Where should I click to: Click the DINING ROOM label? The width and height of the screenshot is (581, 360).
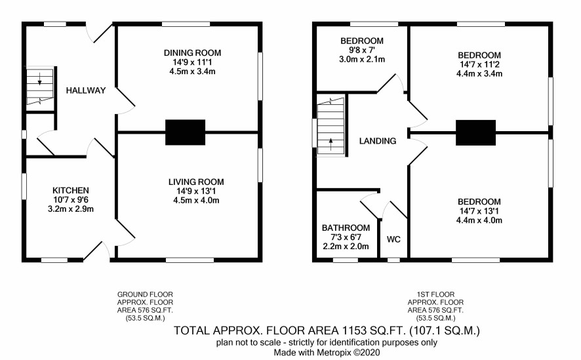(x=192, y=53)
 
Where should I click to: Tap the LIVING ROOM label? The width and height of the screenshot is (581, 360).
(x=196, y=182)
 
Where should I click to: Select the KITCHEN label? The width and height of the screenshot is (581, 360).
(x=71, y=190)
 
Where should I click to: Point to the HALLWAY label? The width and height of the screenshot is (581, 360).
(x=86, y=90)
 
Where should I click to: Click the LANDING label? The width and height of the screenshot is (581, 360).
(x=378, y=141)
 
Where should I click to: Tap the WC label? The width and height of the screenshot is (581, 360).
(x=393, y=239)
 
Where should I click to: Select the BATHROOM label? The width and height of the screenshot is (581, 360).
(x=346, y=228)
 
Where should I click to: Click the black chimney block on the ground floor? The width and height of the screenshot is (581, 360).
(x=186, y=132)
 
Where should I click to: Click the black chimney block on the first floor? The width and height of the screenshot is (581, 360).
(x=476, y=132)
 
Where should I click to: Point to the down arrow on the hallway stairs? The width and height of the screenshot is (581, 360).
(x=39, y=79)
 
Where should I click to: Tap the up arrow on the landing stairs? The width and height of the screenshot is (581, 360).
(x=331, y=144)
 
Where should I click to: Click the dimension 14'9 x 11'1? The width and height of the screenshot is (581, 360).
(x=192, y=62)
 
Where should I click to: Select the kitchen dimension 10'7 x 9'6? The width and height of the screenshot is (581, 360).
(x=71, y=199)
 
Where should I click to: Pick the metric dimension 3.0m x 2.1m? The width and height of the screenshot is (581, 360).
(x=362, y=59)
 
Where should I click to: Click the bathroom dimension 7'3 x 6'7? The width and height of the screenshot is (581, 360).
(x=346, y=237)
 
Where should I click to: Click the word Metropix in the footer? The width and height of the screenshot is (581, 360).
(x=332, y=352)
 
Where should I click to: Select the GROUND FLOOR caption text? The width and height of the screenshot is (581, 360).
(x=146, y=294)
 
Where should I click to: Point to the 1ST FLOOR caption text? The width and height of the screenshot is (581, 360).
(x=435, y=294)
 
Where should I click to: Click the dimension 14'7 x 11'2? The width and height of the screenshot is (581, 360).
(x=479, y=64)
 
